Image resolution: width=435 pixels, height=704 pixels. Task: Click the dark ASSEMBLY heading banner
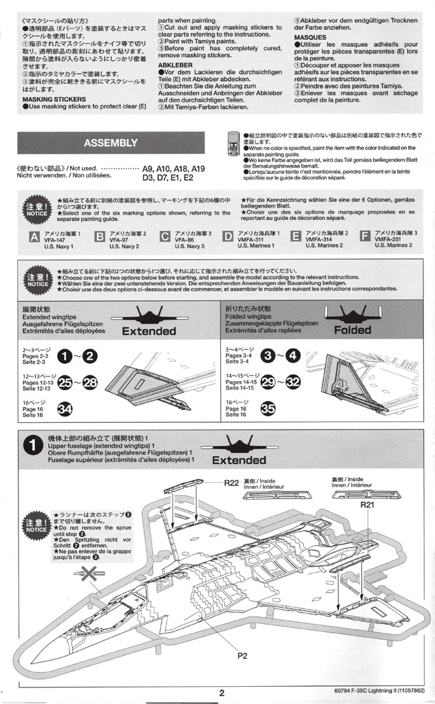pyautogui.click(x=110, y=143)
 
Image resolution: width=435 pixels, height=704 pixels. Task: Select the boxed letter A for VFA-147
pyautogui.click(x=34, y=237)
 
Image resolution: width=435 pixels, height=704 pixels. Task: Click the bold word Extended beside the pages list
pyautogui.click(x=149, y=331)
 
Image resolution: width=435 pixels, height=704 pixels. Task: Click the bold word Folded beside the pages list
pyautogui.click(x=352, y=331)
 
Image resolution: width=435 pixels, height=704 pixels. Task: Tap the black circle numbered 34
pyautogui.click(x=65, y=410)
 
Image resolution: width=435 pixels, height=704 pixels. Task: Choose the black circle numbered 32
pyautogui.click(x=293, y=382)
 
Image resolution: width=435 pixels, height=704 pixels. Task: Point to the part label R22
pyautogui.click(x=231, y=483)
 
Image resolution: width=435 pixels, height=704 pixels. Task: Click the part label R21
pyautogui.click(x=368, y=504)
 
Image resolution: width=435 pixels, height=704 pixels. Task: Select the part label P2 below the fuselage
pyautogui.click(x=242, y=655)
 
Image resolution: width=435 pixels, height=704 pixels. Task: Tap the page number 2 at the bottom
pyautogui.click(x=222, y=693)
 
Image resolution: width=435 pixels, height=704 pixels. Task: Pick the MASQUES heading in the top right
pyautogui.click(x=310, y=37)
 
